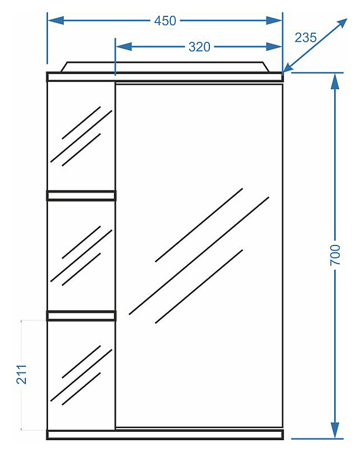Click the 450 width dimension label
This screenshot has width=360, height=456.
point(165,21)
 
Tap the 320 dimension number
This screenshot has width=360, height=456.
point(199,47)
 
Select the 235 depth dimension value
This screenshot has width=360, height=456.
point(306,37)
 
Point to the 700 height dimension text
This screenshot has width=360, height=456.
point(335,255)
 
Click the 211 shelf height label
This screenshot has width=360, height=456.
point(22,374)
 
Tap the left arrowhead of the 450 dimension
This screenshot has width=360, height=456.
point(56,21)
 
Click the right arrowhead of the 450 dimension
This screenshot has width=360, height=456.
point(274,21)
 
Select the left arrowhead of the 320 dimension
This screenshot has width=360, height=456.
point(124,46)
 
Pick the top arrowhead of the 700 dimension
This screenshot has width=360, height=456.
point(335,81)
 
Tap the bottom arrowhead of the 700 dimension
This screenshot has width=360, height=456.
point(335,430)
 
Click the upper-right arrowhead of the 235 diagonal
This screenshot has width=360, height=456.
point(341,23)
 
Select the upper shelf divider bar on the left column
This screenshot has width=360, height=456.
point(82,196)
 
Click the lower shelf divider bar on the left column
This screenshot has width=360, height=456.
point(82,315)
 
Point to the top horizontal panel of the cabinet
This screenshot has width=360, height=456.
point(164,77)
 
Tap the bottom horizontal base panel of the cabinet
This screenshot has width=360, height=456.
point(164,434)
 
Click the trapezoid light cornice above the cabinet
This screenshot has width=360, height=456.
point(165,66)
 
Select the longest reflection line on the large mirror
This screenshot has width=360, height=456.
point(199,256)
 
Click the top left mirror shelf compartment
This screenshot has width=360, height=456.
point(82,136)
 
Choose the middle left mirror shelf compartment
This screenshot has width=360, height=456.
point(82,256)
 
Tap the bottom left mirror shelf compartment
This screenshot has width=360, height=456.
point(82,375)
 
